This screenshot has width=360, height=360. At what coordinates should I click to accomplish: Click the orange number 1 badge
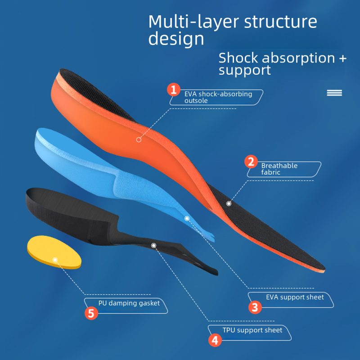pos(174,90)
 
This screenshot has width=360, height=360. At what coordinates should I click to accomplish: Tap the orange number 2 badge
pos(251,162)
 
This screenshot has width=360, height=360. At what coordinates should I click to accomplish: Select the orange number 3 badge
pos(255,307)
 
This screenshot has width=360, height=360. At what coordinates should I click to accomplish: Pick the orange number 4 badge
pos(215,340)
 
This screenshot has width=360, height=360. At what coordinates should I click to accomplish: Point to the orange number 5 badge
pos(91,313)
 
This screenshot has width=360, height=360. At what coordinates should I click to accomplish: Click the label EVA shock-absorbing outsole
pos(218,97)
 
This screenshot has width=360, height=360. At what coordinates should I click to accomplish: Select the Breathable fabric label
pos(279,169)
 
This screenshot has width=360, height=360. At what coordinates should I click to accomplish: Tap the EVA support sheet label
pos(295,297)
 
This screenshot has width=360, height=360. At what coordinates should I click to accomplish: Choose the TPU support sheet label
pos(252,330)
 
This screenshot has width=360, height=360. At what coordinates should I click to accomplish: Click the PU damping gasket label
pos(129,303)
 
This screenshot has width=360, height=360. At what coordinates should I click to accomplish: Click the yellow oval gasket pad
pos(54,252)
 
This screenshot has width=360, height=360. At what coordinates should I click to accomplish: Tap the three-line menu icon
pos(334,93)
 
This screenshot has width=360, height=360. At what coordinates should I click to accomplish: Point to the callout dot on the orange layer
pos(139,139)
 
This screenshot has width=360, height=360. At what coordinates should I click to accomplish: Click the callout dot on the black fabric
pos(229,204)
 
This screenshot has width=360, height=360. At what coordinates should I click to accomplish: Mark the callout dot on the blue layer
pos(187,218)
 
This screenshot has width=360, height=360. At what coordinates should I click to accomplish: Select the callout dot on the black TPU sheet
pos(153,246)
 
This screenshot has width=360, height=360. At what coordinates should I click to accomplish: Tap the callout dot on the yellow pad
pos(55,260)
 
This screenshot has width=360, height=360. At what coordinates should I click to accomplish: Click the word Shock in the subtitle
pos(238,58)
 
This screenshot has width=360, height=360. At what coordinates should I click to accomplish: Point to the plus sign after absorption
pos(342,58)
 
